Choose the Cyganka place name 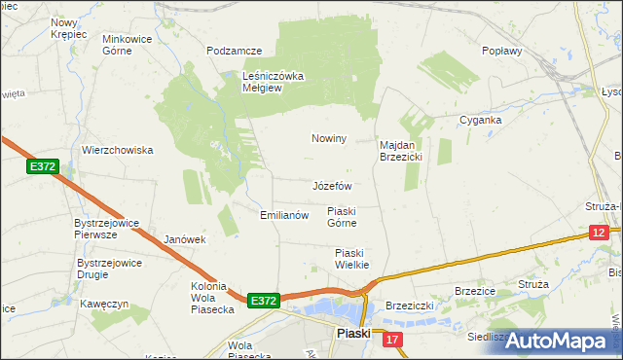pyautogui.click(x=481, y=120)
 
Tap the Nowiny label pyautogui.click(x=329, y=138)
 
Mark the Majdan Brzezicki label pyautogui.click(x=399, y=150)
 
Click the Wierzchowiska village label pyautogui.click(x=119, y=150)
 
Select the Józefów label pyautogui.click(x=332, y=185)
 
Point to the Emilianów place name pyautogui.click(x=284, y=215)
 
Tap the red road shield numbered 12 pyautogui.click(x=599, y=232)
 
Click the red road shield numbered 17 pyautogui.click(x=391, y=339)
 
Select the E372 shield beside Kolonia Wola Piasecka pyautogui.click(x=264, y=302)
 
